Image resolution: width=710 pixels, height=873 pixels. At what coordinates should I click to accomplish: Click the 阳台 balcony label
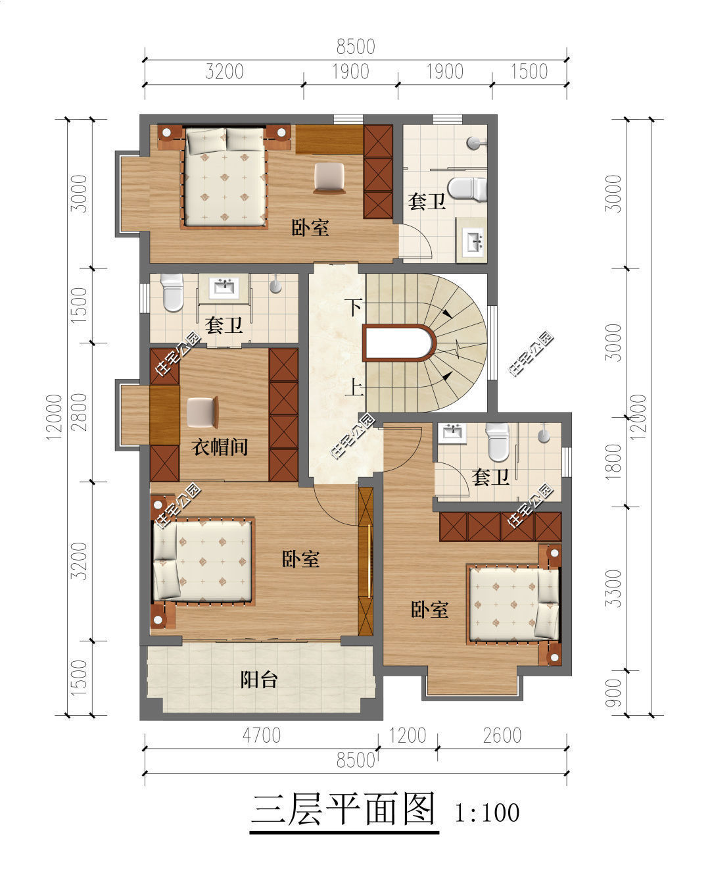pyautogui.click(x=259, y=679)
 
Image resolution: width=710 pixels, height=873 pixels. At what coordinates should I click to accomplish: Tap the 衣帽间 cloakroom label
pyautogui.click(x=220, y=446)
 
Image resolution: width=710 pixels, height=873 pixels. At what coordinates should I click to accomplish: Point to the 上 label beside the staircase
pyautogui.click(x=354, y=387)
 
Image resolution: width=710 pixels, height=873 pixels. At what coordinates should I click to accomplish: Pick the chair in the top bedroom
pyautogui.click(x=329, y=178)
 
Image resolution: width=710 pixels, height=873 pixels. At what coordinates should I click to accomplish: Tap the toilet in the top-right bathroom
pyautogui.click(x=467, y=189)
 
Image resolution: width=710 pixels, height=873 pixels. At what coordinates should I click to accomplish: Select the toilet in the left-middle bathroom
pyautogui.click(x=172, y=292)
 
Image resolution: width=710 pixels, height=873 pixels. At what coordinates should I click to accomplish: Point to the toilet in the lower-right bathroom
pyautogui.click(x=497, y=441)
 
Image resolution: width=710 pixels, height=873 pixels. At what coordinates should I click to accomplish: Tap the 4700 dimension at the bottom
pyautogui.click(x=261, y=735)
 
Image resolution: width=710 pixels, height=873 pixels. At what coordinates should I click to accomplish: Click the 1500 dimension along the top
pyautogui.click(x=529, y=71)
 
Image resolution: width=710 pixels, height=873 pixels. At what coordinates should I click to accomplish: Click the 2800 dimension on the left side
pyautogui.click(x=80, y=412)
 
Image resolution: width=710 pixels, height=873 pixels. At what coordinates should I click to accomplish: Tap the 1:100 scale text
pyautogui.click(x=487, y=813)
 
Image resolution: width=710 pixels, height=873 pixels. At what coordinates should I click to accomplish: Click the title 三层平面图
pyautogui.click(x=344, y=809)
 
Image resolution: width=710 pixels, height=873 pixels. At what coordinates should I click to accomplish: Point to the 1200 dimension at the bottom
pyautogui.click(x=408, y=735)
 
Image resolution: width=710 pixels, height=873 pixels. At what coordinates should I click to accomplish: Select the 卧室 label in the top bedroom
pyautogui.click(x=310, y=228)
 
